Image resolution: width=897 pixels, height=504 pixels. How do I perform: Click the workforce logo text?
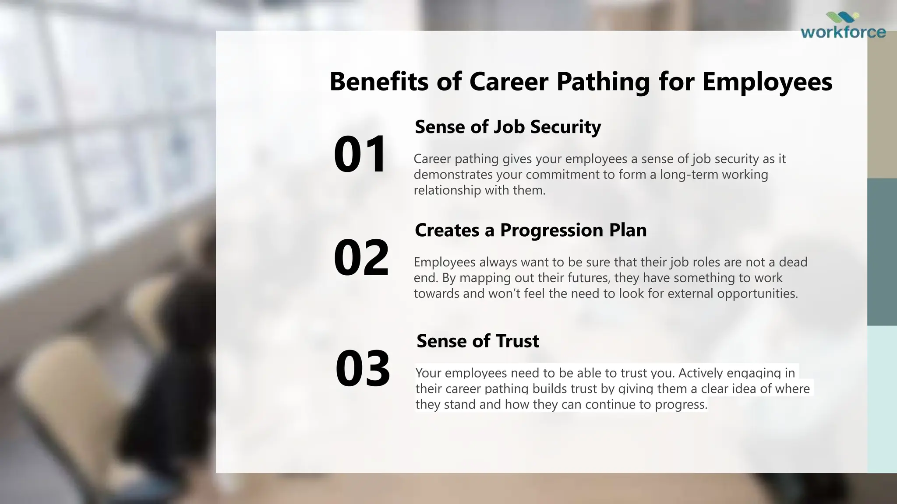843,32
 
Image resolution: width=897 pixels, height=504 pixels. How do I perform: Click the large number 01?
360,154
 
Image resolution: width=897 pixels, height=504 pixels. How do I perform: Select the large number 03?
363,368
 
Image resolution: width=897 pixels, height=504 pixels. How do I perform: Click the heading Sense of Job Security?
508,127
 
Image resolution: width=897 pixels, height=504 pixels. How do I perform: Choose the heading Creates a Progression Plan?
530,230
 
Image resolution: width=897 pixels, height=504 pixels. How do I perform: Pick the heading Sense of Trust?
477,341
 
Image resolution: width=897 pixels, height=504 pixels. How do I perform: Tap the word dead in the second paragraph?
793,262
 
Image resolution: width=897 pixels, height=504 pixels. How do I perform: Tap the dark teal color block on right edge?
882,252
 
